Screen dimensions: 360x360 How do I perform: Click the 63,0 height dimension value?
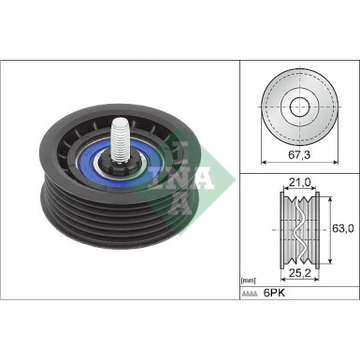344,227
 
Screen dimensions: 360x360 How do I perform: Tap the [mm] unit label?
249,280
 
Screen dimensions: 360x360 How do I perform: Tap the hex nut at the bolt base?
119,168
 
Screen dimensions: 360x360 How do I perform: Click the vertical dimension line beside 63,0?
328,226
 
